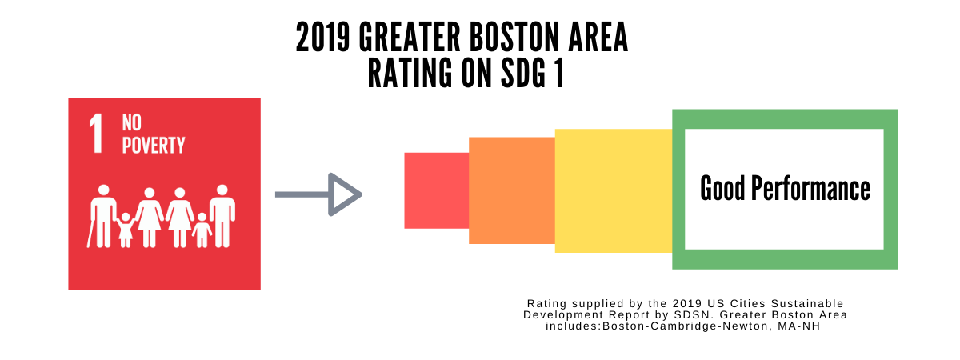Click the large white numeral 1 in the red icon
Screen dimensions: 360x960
pos(97,134)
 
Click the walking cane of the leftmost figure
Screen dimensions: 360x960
pos(90,234)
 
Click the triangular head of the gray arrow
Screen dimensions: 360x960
pos(345,194)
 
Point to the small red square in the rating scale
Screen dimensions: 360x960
pos(436,190)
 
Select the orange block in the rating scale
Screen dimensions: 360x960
pos(511,190)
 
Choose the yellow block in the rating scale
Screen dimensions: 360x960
pos(613,190)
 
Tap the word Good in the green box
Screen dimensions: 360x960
pos(723,190)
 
